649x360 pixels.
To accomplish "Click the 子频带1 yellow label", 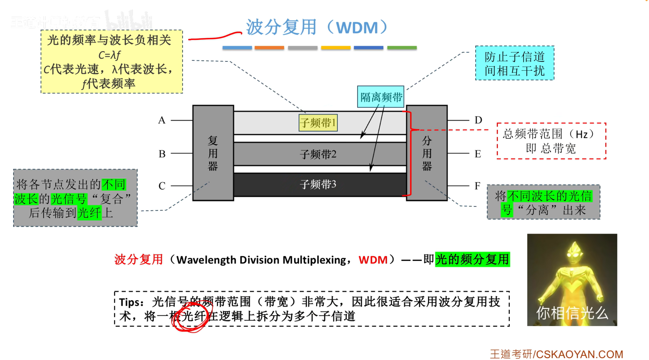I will coord(318,123).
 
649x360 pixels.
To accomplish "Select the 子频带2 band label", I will coord(318,154).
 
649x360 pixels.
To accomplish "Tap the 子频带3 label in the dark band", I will coord(318,184).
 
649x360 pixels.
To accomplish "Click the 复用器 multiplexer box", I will coord(213,153).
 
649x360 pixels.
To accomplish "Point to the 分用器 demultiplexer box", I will coord(427,153).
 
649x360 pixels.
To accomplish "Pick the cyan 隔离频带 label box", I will coord(380,97).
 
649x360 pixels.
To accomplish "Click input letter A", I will coord(162,120).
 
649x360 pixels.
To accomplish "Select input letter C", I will coord(162,186).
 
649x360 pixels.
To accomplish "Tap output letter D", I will coord(478,120).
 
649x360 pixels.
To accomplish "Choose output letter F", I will coord(477,186).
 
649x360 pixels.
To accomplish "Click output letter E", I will coord(478,154).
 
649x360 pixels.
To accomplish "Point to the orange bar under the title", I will coord(269,48).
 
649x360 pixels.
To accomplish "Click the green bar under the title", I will coord(402,48).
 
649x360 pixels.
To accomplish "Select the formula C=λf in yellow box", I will coord(109,55).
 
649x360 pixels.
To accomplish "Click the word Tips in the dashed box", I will coord(131,302).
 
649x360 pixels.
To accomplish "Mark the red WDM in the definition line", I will coord(373,260).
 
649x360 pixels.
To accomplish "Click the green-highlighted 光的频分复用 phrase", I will coord(472,260).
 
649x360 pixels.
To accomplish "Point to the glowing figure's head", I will coord(573,251).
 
